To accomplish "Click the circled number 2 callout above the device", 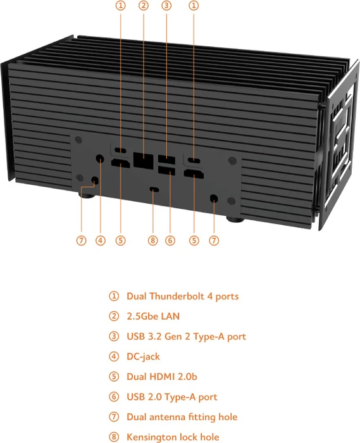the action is tap(144, 5).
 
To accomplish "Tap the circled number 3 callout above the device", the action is tap(166, 5).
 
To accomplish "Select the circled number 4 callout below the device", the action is tap(101, 240).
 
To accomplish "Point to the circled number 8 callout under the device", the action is tap(152, 240).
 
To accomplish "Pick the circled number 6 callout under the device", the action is tap(170, 240).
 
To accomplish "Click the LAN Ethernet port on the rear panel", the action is tap(144, 161).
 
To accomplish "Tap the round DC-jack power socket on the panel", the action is tap(100, 159).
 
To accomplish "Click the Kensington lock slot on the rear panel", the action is tap(154, 189).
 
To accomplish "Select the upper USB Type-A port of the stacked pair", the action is tap(166, 160).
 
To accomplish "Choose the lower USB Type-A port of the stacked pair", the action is tap(167, 170).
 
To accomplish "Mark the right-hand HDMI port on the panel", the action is tap(194, 174).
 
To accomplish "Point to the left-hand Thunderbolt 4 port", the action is tap(121, 150).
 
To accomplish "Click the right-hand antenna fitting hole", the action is tap(214, 198).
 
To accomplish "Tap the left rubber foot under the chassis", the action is tap(87, 195).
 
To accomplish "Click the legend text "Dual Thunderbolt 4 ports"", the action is tap(183, 296).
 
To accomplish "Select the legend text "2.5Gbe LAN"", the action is tap(153, 316).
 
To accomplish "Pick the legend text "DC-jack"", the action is tap(143, 356).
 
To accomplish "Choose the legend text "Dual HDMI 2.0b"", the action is tap(162, 377).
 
